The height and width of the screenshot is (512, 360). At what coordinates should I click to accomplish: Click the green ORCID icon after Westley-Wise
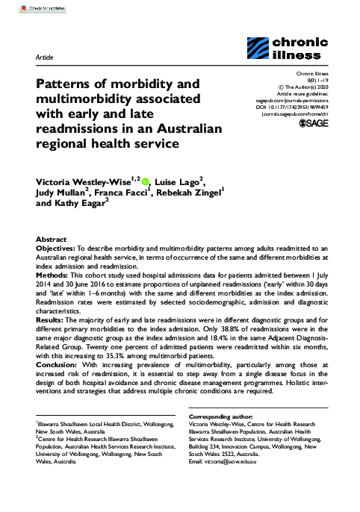point(145,180)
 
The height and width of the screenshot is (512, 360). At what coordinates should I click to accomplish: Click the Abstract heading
point(52,234)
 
